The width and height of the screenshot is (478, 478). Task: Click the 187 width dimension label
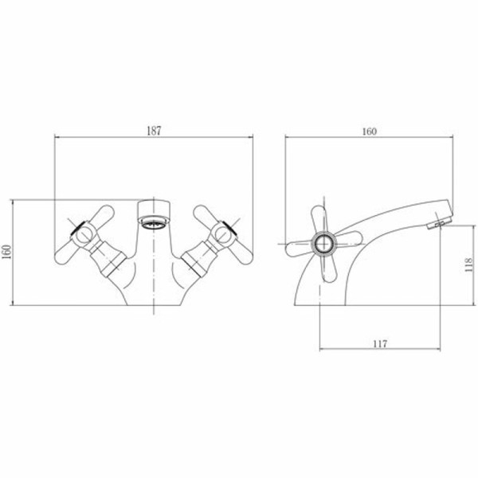pos(154,131)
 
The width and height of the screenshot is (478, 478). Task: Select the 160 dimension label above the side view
pos(369,131)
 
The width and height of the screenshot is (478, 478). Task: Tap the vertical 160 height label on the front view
pos(6,252)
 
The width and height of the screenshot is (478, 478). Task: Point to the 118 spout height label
pos(469,264)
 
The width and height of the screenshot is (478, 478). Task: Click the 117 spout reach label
pos(380,344)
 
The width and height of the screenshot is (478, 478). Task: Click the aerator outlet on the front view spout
pos(154,222)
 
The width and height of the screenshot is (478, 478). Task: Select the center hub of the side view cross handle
pos(323,244)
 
